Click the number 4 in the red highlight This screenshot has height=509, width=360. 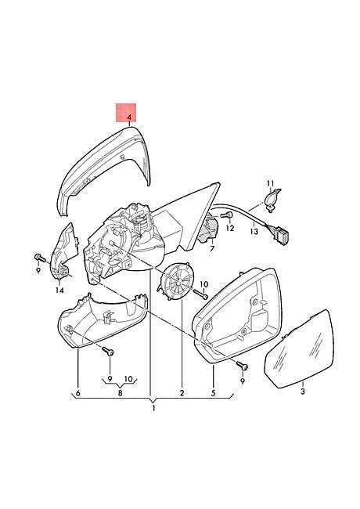(129, 117)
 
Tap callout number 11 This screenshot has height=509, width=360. (270, 183)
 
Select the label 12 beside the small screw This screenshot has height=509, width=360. (229, 228)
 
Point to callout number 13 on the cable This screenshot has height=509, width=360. (254, 231)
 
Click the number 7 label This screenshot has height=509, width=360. (212, 249)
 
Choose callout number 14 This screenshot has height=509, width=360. (59, 290)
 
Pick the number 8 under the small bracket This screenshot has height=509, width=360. (120, 393)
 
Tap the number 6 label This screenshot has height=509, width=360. (77, 393)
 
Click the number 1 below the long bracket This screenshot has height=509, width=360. (153, 408)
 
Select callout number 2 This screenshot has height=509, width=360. (182, 393)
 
